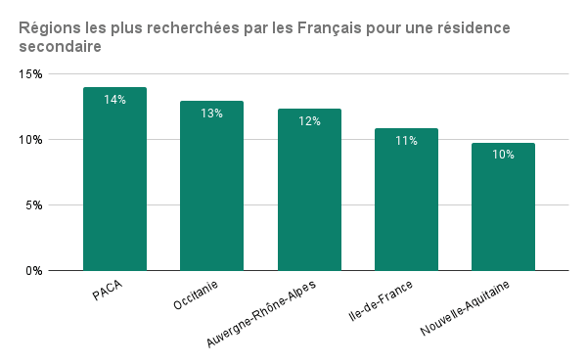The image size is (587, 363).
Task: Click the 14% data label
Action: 114,100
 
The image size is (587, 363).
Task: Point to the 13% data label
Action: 211,113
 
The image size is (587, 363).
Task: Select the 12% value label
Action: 309,121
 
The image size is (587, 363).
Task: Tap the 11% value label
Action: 406,141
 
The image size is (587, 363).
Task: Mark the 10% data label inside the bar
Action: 503,156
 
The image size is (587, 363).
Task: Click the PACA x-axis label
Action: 109,292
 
